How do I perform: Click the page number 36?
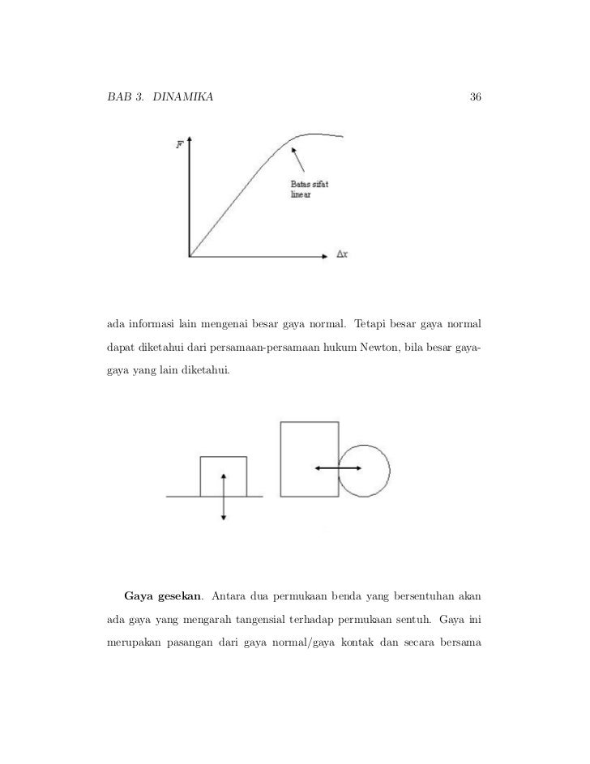coord(476,98)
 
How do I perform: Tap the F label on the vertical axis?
coord(179,145)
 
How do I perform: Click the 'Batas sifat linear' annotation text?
coord(310,190)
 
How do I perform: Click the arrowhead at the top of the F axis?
coord(189,139)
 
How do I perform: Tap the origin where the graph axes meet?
coord(190,256)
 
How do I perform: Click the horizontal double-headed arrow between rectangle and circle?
coord(339,468)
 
